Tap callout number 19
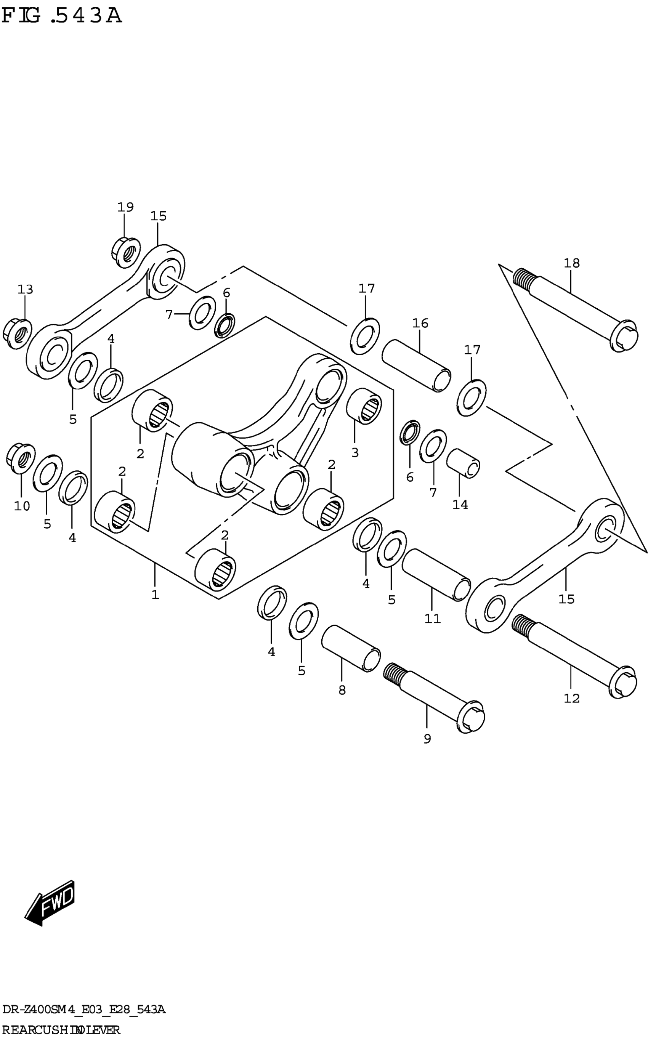click(125, 207)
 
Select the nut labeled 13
click(17, 332)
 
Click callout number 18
click(571, 263)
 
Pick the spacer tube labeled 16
click(416, 365)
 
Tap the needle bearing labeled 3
click(364, 406)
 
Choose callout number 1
click(155, 595)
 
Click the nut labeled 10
click(21, 458)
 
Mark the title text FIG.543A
click(62, 16)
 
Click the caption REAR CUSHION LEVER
click(61, 1029)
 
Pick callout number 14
click(460, 505)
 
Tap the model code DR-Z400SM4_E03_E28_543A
click(83, 1010)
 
